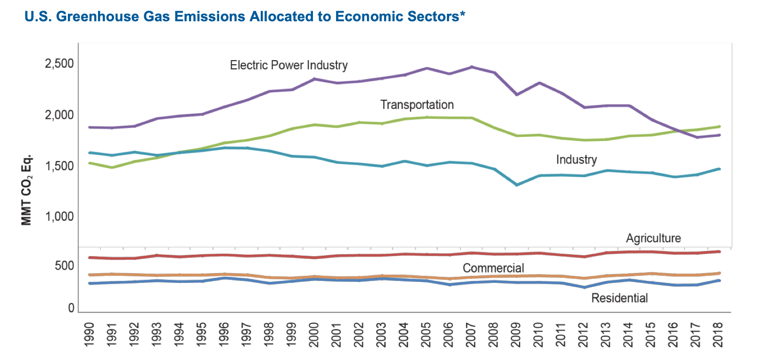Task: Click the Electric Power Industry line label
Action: (288, 65)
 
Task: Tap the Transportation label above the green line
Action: (417, 105)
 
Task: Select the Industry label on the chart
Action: (576, 160)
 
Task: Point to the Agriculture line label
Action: (653, 238)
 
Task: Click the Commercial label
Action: (493, 268)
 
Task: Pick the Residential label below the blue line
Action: (619, 298)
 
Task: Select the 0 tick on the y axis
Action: (71, 308)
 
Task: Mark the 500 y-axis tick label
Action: (64, 266)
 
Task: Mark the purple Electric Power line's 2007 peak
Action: (471, 67)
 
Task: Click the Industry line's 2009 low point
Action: (516, 185)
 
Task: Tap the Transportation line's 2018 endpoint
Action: (719, 127)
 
